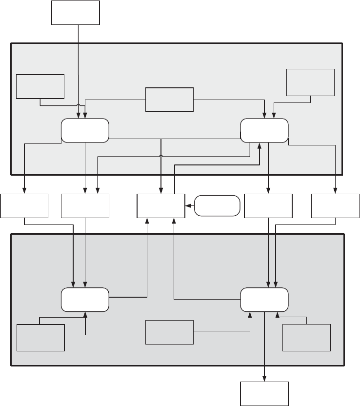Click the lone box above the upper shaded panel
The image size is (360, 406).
[76, 12]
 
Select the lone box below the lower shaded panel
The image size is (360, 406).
[265, 393]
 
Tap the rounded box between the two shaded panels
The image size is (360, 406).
[217, 206]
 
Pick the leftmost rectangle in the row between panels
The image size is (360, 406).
[24, 206]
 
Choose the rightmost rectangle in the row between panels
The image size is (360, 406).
[336, 206]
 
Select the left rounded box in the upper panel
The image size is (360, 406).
[85, 130]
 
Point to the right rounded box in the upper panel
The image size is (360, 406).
[265, 130]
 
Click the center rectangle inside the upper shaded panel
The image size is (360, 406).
[170, 100]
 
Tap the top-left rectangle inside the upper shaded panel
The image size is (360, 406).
[40, 86]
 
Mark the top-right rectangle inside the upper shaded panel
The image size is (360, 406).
[311, 82]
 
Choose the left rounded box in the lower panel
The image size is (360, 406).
[85, 300]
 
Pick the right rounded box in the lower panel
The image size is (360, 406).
[265, 300]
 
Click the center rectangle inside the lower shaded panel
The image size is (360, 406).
[170, 332]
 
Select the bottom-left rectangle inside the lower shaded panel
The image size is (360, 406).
[40, 337]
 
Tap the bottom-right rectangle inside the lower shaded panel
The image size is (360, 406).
[306, 337]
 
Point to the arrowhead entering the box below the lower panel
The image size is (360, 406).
[265, 378]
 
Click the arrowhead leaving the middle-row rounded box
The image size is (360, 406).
[188, 206]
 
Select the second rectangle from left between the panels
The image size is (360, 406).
[85, 206]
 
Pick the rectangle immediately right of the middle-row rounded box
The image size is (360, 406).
[268, 206]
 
